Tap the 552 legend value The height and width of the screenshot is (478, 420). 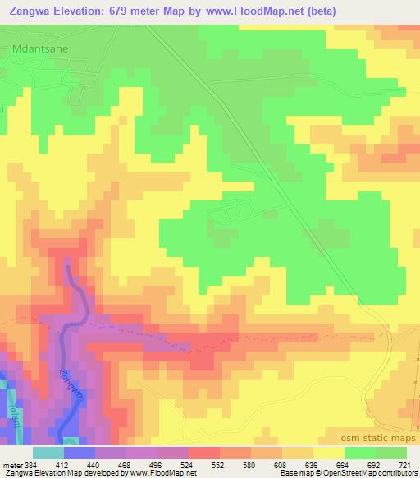(220, 464)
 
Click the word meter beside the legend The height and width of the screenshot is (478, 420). (11, 464)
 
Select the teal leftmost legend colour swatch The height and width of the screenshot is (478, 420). (48, 453)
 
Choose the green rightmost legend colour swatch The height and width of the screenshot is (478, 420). (391, 453)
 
